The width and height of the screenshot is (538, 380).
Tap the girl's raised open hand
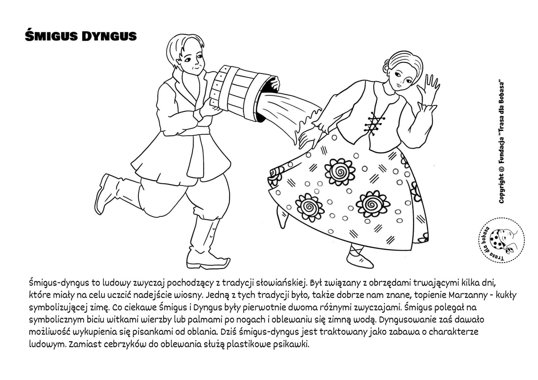pyautogui.click(x=430, y=89)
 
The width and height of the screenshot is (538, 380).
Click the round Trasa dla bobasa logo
pyautogui.click(x=500, y=240)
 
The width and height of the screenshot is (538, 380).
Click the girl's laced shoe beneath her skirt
pyautogui.click(x=359, y=257)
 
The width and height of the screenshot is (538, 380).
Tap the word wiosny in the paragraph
pyautogui.click(x=191, y=295)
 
